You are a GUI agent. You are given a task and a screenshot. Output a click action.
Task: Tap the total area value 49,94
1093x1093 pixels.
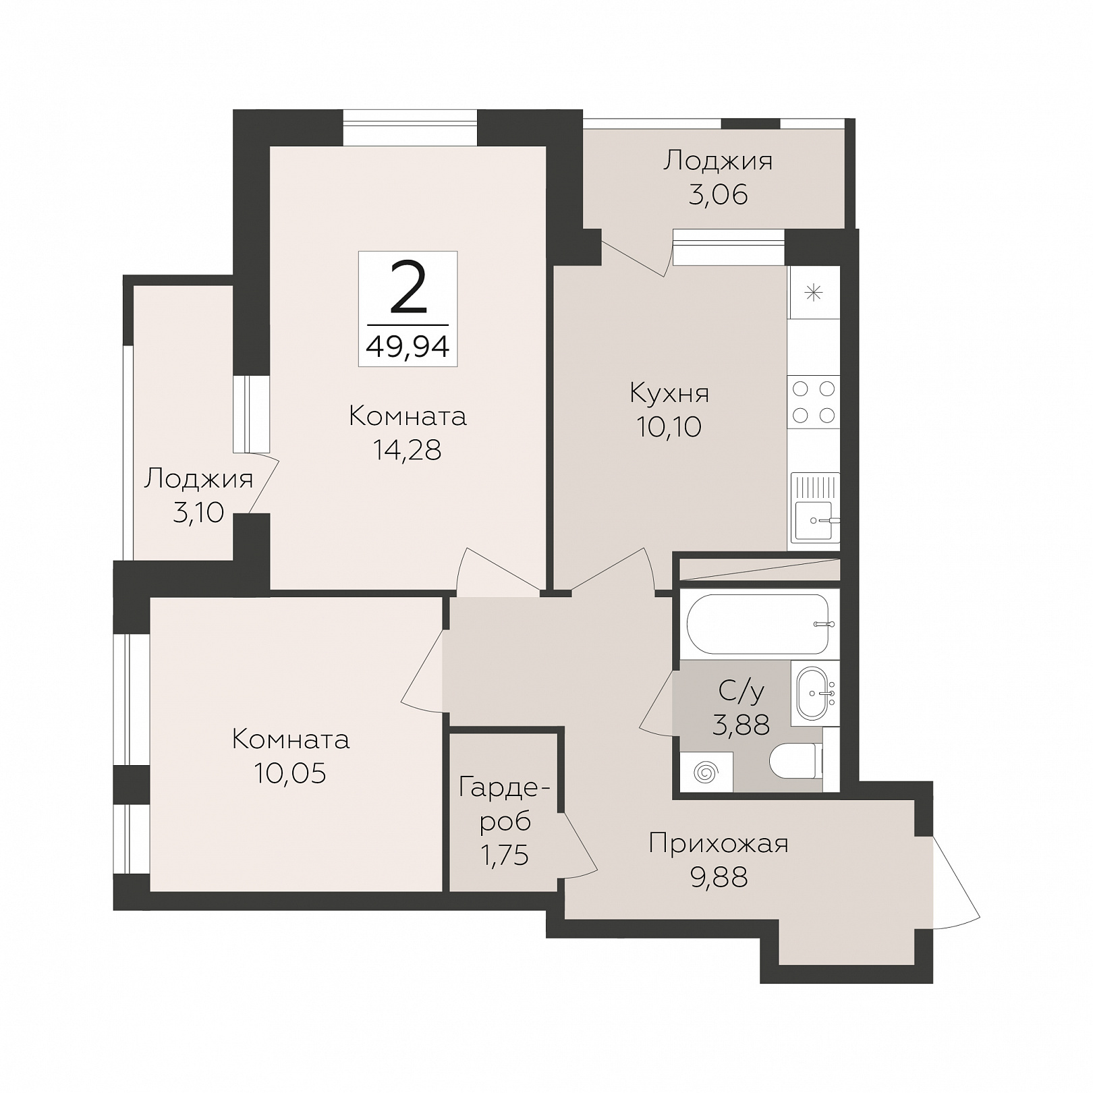408,347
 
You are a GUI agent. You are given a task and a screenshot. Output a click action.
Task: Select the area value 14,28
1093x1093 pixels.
408,450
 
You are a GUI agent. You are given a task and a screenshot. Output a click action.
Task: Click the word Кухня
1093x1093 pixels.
669,393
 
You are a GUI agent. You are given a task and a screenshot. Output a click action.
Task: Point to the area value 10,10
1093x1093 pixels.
669,426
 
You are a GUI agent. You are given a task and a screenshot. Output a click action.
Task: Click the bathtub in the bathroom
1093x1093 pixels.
758,623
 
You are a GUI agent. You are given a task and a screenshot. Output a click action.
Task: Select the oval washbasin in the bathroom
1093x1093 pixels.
816,694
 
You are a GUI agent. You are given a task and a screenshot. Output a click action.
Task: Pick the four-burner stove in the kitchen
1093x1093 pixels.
814,402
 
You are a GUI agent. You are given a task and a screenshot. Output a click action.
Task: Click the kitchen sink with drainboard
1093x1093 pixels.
815,507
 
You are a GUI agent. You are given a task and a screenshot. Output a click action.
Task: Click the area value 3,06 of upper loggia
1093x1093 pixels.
719,195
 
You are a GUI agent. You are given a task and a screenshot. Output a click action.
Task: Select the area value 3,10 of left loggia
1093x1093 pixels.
198,513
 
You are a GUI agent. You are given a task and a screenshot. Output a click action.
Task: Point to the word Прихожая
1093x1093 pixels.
719,844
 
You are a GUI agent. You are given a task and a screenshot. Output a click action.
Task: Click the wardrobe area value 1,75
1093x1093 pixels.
504,856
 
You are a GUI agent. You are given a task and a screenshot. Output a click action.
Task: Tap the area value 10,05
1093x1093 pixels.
290,773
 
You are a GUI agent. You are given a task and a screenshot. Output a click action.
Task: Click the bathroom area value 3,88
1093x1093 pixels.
741,725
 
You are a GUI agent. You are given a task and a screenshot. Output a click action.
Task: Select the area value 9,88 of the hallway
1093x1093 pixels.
719,878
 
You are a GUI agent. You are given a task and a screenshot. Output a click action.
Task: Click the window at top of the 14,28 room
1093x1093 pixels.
410,128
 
